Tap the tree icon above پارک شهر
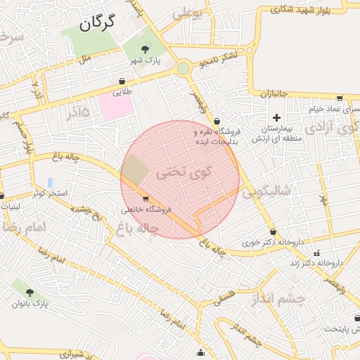click(146, 49)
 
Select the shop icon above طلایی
click(122, 81)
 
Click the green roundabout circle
click(184, 68)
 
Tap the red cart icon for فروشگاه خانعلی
click(146, 198)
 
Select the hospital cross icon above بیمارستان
click(276, 117)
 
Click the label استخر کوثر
click(49, 193)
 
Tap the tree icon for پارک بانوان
click(30, 291)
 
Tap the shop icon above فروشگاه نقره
click(217, 121)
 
